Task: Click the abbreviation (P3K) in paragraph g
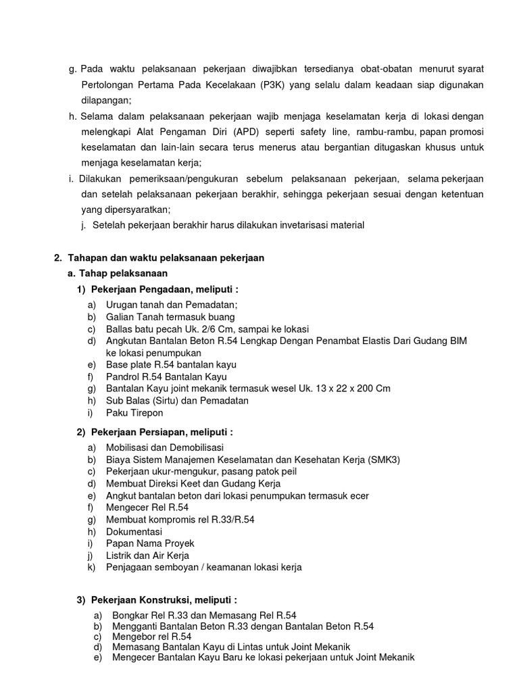276,84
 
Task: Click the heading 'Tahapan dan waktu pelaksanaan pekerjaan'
166,257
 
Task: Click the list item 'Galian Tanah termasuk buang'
170,316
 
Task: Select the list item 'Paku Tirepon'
134,413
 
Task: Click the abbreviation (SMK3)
383,459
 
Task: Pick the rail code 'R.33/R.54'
232,519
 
